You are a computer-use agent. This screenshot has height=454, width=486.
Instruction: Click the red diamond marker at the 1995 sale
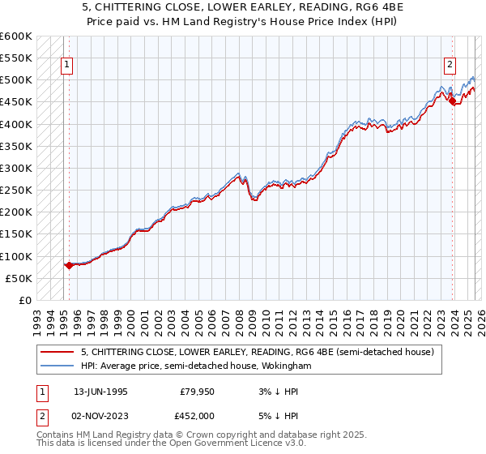tap(69, 265)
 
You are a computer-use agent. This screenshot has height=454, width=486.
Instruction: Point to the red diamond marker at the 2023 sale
tap(452, 101)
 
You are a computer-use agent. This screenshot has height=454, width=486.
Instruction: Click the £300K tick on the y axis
tap(17, 168)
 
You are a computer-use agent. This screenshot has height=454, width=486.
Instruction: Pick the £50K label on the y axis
tap(19, 278)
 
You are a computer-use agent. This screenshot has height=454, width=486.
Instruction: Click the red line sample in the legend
tap(58, 352)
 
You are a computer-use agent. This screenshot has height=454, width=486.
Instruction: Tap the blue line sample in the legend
tap(58, 366)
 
